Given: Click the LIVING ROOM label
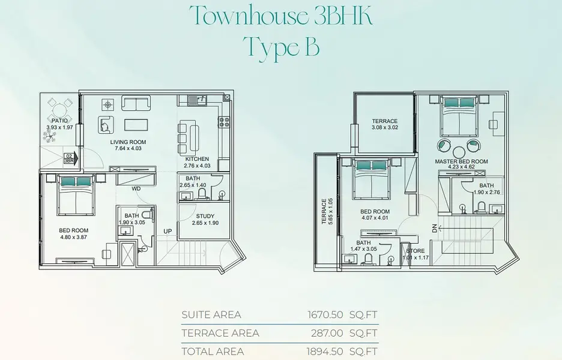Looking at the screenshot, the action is pyautogui.click(x=128, y=142).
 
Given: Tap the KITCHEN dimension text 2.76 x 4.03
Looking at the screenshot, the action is pyautogui.click(x=197, y=166).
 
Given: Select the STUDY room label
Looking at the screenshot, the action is pyautogui.click(x=205, y=216).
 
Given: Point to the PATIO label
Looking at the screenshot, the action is pyautogui.click(x=59, y=121).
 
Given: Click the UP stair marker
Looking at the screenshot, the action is pyautogui.click(x=168, y=232).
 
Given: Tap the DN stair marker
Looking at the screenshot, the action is pyautogui.click(x=434, y=227).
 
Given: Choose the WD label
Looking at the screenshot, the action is pyautogui.click(x=136, y=188).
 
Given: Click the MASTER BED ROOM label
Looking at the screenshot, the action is pyautogui.click(x=461, y=161).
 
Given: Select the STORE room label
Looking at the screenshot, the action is pyautogui.click(x=415, y=251).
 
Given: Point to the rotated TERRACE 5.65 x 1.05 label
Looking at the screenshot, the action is pyautogui.click(x=327, y=211).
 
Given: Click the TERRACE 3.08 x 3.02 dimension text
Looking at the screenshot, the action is pyautogui.click(x=385, y=127).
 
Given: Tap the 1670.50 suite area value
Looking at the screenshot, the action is pyautogui.click(x=325, y=315).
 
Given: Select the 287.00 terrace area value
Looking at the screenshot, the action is pyautogui.click(x=327, y=333).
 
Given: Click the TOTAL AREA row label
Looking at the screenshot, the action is pyautogui.click(x=213, y=352).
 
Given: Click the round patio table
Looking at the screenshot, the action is pyautogui.click(x=59, y=109).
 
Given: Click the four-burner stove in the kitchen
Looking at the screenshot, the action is pyautogui.click(x=225, y=122).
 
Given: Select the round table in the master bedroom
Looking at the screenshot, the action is pyautogui.click(x=458, y=152).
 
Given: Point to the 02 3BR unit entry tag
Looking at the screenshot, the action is pyautogui.click(x=69, y=158).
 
